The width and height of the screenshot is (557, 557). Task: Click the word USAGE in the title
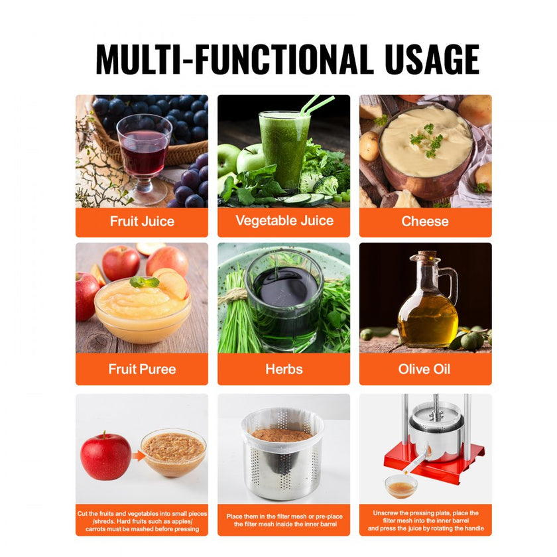point(432,59)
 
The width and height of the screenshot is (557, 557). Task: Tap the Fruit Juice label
point(142,221)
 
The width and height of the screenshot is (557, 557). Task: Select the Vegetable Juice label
point(284,221)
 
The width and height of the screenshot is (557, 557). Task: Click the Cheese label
point(425,221)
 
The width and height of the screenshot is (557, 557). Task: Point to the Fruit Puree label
point(142,369)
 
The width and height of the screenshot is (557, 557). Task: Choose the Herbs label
point(284,369)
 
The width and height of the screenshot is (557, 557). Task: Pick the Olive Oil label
point(424,369)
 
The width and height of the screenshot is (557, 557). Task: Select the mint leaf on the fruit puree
point(145,282)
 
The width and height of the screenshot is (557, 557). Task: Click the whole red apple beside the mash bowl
point(105,456)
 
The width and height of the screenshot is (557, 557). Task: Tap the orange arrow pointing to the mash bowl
point(138,456)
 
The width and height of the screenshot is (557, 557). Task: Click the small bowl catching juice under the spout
point(401,487)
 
